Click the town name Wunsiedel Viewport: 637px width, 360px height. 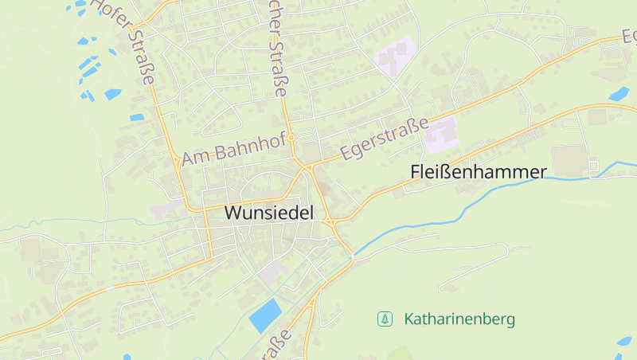coord(269,213)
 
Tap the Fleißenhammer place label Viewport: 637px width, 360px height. coord(479,171)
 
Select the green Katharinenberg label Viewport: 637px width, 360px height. coord(459,319)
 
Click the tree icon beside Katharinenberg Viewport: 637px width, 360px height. coord(385,319)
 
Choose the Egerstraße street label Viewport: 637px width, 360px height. coord(385,139)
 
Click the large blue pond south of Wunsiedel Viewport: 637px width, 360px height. coord(265,315)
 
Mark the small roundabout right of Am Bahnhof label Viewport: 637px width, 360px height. coord(292,138)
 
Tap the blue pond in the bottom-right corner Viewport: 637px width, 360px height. coord(623,342)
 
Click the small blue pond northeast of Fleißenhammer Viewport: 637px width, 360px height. coord(619,94)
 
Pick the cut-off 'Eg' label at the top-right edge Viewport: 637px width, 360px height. coord(628,36)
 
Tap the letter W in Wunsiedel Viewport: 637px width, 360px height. coord(233,213)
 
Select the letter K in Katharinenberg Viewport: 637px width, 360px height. coord(409,319)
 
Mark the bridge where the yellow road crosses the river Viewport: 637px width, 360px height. coord(351,255)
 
